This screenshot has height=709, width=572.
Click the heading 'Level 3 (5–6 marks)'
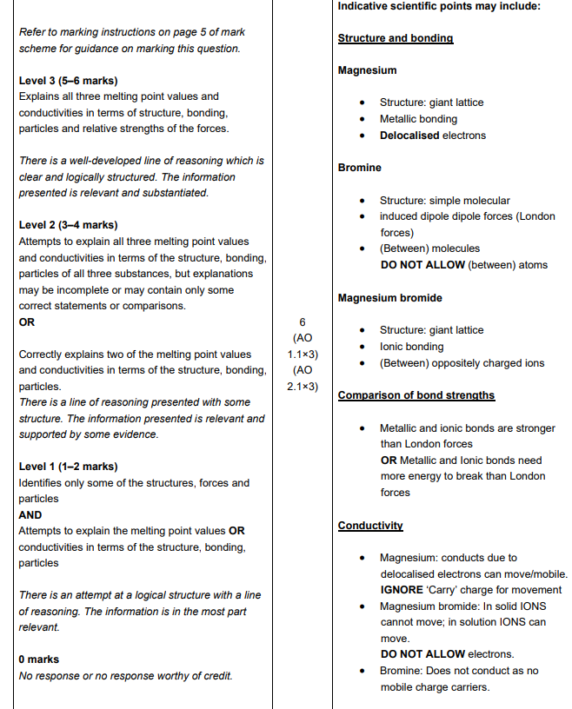click(68, 81)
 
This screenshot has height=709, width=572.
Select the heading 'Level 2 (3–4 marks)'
click(68, 225)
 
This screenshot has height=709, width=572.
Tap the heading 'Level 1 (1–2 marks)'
click(68, 467)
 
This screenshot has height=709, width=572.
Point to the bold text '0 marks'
click(39, 659)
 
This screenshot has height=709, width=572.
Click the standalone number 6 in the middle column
click(303, 321)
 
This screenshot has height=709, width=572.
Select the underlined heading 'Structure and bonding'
click(395, 38)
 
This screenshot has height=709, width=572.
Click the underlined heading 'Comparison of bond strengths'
click(416, 395)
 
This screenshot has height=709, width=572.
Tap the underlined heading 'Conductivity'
click(369, 526)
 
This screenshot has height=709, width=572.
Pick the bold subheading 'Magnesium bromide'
click(389, 298)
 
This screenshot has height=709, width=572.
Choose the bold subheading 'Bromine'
click(359, 168)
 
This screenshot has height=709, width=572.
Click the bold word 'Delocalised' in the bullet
click(409, 136)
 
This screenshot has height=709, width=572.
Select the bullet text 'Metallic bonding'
click(418, 119)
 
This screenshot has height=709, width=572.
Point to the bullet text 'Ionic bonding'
click(411, 347)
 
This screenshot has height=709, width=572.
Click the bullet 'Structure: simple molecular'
click(444, 201)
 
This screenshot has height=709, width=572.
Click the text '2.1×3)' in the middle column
click(303, 387)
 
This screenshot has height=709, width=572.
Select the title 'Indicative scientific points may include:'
click(438, 6)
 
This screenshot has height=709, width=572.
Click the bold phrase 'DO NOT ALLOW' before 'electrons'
click(422, 654)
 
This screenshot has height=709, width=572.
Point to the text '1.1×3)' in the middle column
click(303, 354)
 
